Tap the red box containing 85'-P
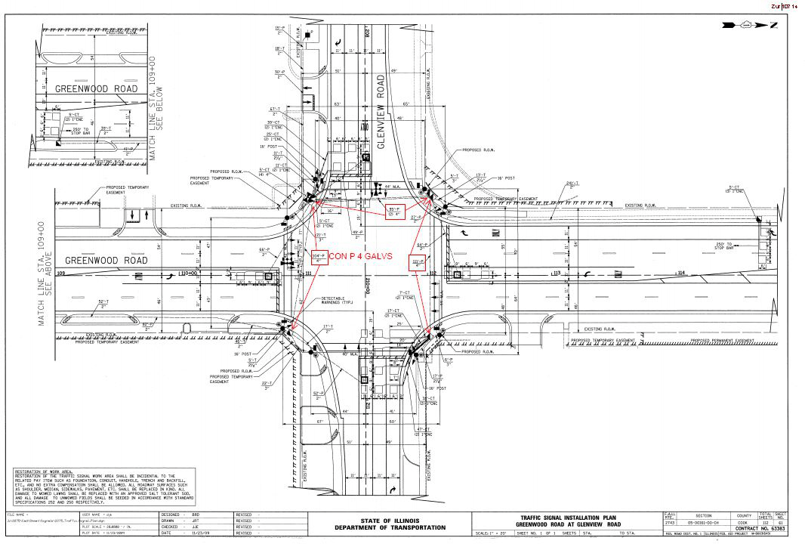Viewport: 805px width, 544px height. coord(396,210)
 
